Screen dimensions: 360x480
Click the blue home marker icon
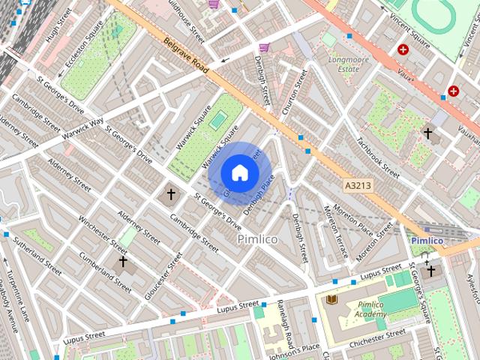pyautogui.click(x=239, y=173)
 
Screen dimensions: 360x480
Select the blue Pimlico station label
pyautogui.click(x=427, y=240)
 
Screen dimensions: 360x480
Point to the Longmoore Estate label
pyautogui.click(x=343, y=62)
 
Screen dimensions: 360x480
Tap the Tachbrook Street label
pyautogui.click(x=377, y=156)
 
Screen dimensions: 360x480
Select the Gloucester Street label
pyautogui.click(x=163, y=276)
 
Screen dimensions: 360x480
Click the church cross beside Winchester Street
pyautogui.click(x=123, y=261)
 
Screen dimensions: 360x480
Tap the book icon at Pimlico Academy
pyautogui.click(x=332, y=299)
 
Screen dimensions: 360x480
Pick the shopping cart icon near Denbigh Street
pyautogui.click(x=264, y=48)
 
